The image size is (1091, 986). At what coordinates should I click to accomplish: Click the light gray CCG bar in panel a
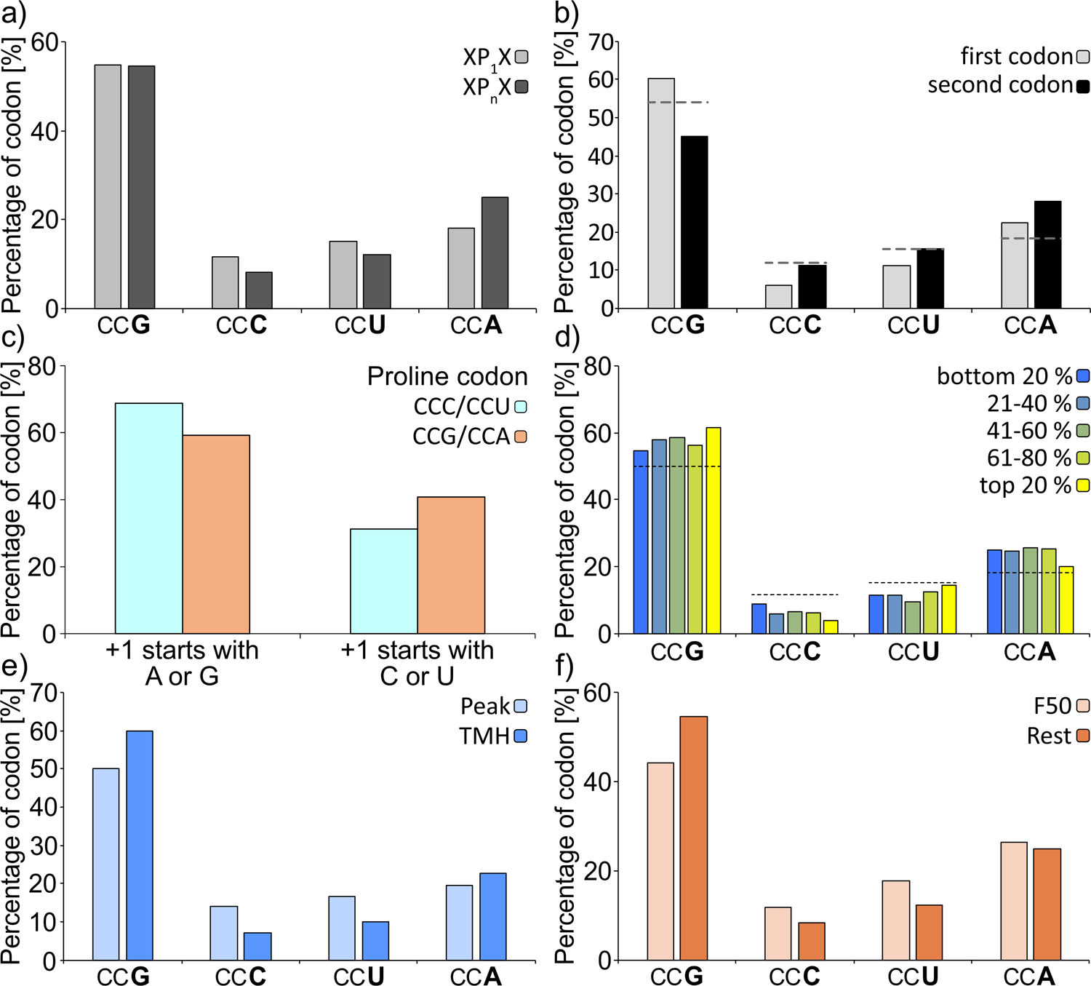point(108,186)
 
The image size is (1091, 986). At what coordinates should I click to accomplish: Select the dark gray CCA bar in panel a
point(495,253)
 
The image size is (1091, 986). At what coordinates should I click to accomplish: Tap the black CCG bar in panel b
point(694,222)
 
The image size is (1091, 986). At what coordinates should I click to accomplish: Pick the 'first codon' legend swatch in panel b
point(1083,57)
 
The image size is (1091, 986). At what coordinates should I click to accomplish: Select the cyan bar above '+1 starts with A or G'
point(148,518)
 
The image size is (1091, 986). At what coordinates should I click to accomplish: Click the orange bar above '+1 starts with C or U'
point(451,565)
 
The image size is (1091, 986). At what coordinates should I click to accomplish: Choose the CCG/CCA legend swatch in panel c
point(520,437)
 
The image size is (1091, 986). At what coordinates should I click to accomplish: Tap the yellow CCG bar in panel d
point(714,530)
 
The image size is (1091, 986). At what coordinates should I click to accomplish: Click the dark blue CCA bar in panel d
point(994,592)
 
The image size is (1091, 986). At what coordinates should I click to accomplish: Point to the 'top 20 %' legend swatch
point(1083,485)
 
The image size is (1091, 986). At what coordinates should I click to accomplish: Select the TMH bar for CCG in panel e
point(140,846)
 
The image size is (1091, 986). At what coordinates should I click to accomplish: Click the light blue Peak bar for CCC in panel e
point(224,933)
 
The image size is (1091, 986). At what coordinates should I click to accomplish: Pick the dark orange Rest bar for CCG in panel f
point(693,838)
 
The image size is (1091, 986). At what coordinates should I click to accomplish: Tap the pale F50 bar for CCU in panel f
point(895,921)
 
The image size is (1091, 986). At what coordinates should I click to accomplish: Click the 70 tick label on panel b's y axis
point(601,41)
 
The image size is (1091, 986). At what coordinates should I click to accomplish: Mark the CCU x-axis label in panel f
point(913,976)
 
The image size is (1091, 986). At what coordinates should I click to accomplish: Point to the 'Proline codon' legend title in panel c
point(447,377)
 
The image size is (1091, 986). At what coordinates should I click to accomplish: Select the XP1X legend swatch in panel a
point(521,57)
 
